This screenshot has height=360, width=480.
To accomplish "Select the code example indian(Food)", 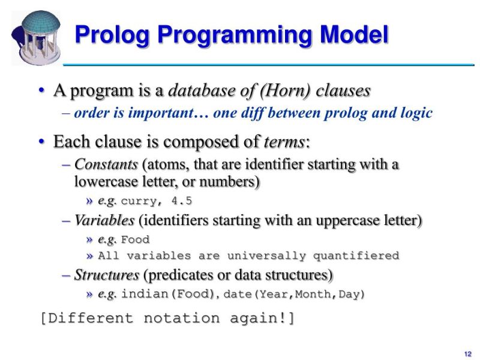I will click(170, 295).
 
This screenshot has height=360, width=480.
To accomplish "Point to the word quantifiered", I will click(355, 256).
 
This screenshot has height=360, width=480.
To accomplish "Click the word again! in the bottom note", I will click(262, 318).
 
